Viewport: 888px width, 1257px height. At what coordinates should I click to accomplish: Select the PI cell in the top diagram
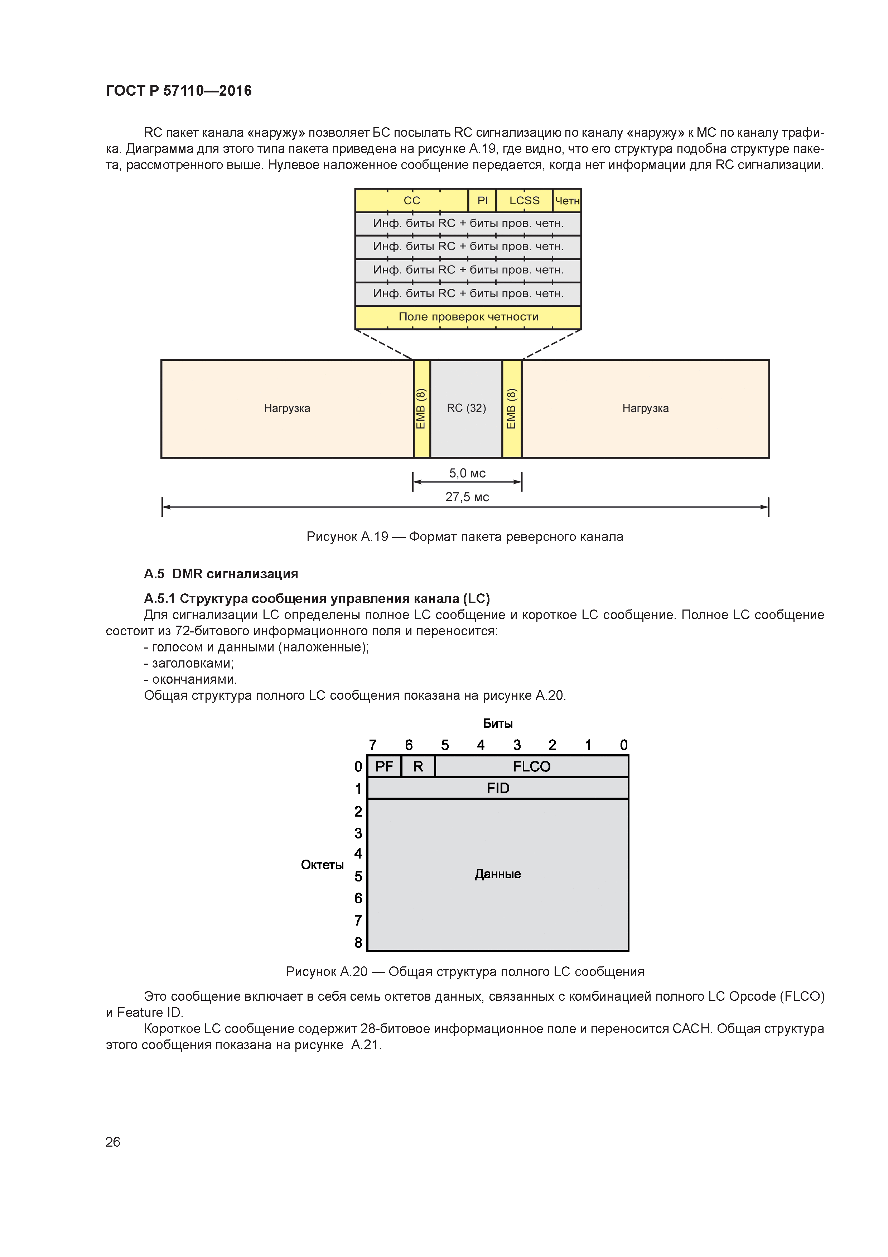[x=482, y=200]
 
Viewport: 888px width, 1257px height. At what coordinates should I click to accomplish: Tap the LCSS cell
[x=524, y=200]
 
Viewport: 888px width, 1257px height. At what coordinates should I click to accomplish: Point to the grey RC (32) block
[x=466, y=408]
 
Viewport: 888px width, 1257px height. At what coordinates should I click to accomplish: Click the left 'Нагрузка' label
[x=287, y=408]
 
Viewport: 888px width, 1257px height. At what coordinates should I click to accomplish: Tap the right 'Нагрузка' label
[x=645, y=408]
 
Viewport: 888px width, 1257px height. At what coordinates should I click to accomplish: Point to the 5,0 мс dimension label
[x=467, y=473]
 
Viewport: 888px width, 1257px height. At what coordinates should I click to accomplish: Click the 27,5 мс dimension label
[x=467, y=497]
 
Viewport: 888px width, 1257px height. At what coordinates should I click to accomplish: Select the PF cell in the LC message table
[x=384, y=766]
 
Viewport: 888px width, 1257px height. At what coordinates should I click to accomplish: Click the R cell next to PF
[x=418, y=766]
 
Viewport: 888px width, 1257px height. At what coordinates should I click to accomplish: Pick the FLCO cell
[x=531, y=766]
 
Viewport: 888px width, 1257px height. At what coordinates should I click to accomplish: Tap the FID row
[x=498, y=788]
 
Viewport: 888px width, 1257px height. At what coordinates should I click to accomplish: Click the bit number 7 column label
[x=373, y=745]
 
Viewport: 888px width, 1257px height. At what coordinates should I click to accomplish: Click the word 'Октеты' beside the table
[x=322, y=865]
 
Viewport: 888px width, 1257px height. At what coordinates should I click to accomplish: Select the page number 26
[x=113, y=1142]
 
